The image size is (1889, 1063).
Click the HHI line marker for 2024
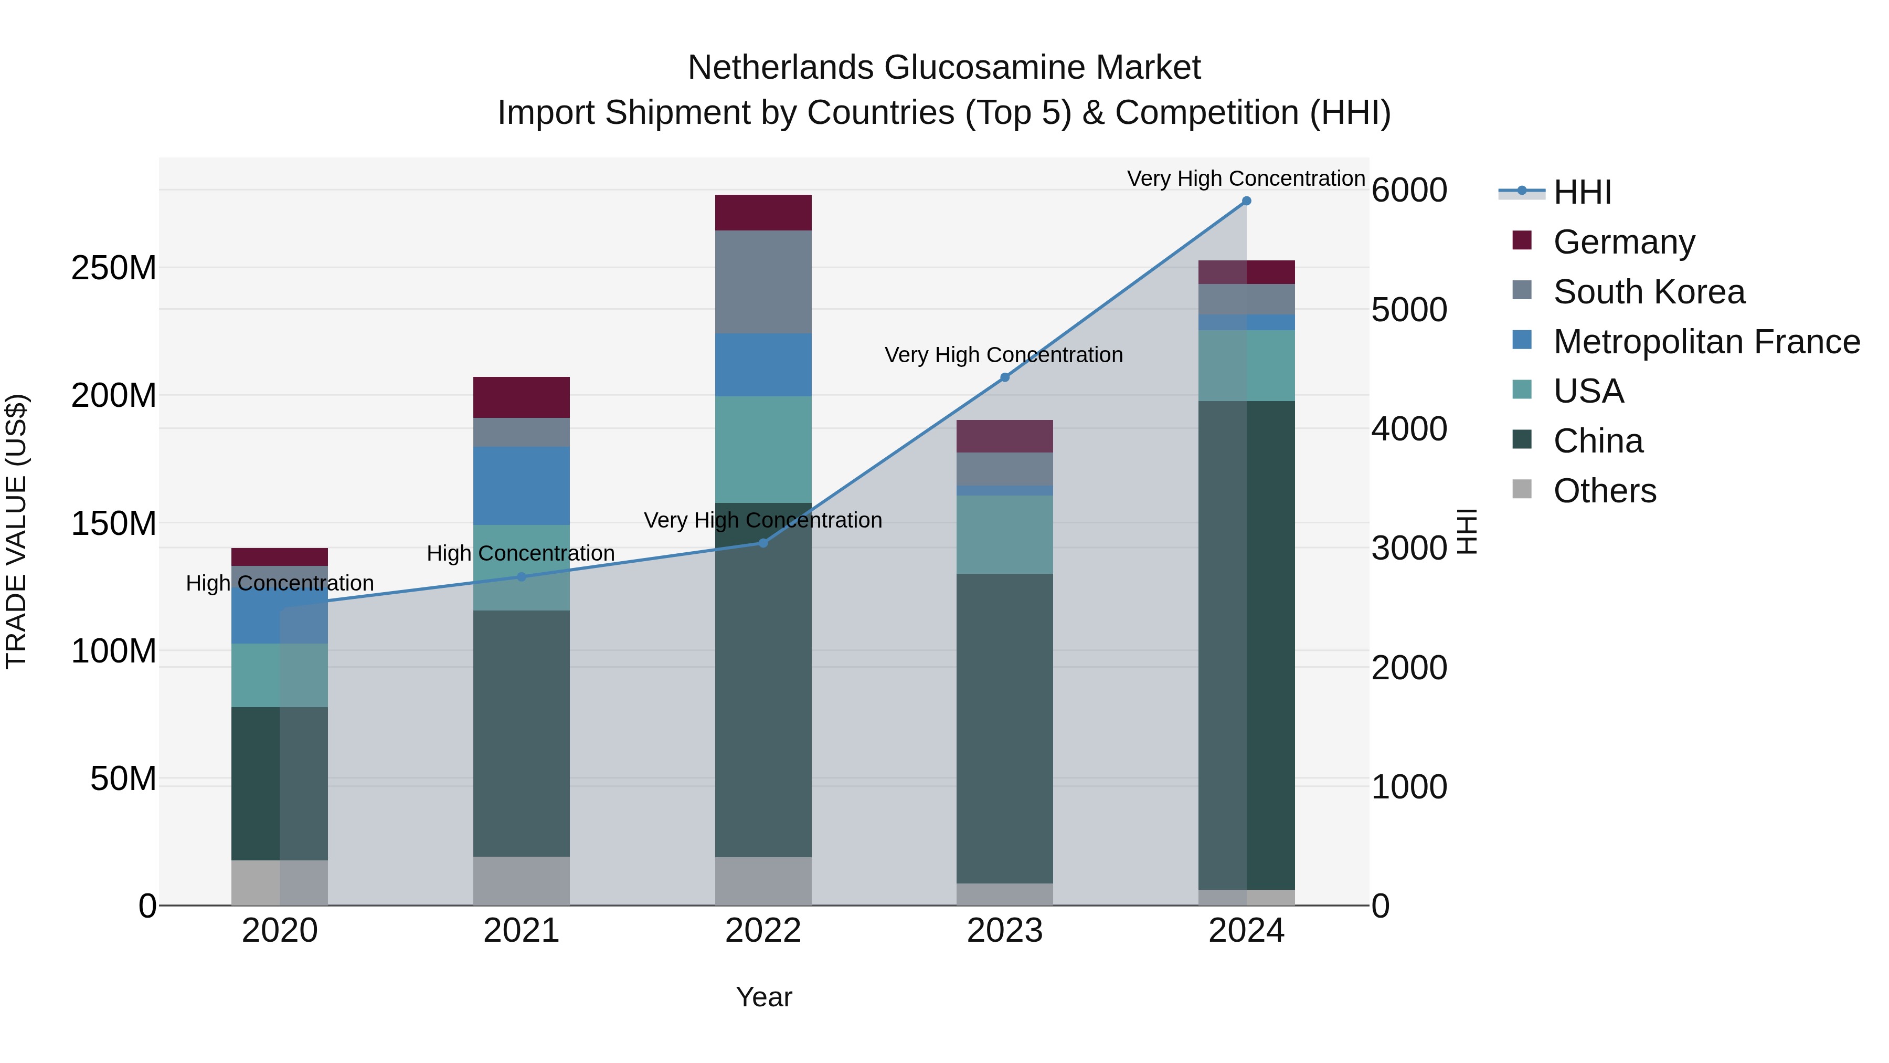point(1246,201)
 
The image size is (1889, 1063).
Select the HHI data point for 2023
point(1005,377)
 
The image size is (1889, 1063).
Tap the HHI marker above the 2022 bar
point(762,543)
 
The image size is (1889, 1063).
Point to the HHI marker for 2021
point(522,576)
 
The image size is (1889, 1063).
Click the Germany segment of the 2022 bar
point(762,213)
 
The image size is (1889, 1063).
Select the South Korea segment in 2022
point(762,282)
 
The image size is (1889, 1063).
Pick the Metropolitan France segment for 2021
point(522,486)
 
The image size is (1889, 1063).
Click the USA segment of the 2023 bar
point(1005,534)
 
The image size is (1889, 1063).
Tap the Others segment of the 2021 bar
point(522,880)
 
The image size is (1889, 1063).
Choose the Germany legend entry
point(1623,242)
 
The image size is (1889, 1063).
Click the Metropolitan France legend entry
point(1706,342)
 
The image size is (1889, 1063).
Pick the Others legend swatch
point(1522,489)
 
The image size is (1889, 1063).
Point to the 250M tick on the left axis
point(114,268)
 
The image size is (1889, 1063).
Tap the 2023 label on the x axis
point(1005,931)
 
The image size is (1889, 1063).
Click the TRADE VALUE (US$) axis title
point(16,531)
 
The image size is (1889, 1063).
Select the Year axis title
point(763,997)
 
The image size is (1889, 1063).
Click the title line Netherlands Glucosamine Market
point(944,68)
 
